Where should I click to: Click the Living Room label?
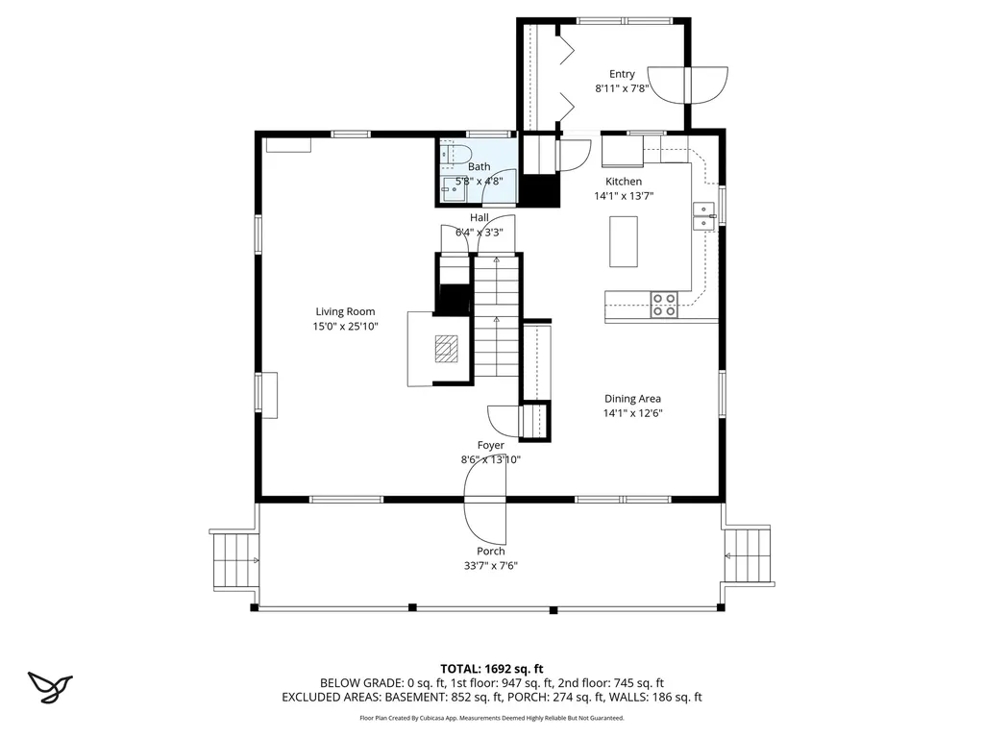click(x=345, y=311)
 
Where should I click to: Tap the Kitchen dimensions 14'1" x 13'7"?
click(x=623, y=196)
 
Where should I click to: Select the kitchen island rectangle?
click(x=624, y=241)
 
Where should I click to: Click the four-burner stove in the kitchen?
click(x=664, y=305)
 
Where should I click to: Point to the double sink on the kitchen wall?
click(x=704, y=216)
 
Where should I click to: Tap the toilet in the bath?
click(x=455, y=154)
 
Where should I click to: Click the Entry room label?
click(x=622, y=74)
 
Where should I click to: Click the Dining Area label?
click(x=632, y=399)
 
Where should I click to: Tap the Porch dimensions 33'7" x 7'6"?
click(x=491, y=566)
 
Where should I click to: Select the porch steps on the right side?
click(x=748, y=555)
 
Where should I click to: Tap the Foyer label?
click(x=491, y=445)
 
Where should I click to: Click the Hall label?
click(x=480, y=217)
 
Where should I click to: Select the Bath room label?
click(x=479, y=166)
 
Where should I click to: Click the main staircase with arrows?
click(x=496, y=317)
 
